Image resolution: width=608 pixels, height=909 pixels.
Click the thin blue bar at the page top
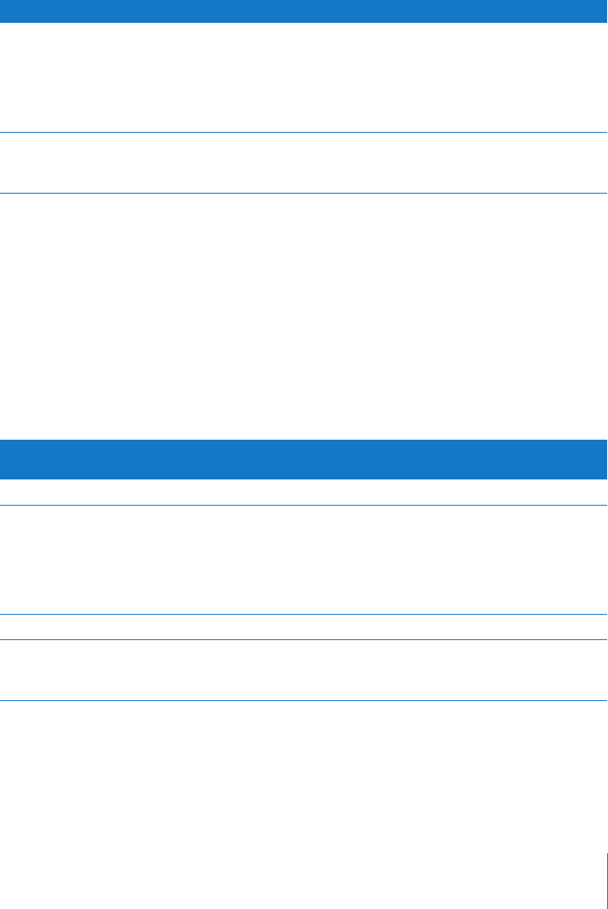tap(304, 10)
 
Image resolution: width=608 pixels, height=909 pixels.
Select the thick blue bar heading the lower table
tap(304, 459)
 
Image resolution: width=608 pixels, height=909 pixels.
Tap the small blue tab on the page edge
tap(605, 879)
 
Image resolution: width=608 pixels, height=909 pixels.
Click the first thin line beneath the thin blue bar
tap(304, 132)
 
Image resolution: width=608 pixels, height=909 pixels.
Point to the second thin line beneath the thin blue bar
tap(304, 195)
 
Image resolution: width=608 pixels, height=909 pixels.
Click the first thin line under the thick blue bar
tap(304, 506)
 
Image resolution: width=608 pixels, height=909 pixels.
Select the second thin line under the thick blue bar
tap(304, 614)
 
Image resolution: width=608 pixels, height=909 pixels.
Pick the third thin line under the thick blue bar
tap(304, 639)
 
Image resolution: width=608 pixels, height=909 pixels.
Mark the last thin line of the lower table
tap(304, 700)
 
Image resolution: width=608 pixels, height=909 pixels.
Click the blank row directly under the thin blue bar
tap(304, 76)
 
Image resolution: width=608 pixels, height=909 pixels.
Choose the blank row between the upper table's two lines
tap(304, 164)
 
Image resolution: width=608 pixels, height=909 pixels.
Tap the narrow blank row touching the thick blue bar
tap(304, 493)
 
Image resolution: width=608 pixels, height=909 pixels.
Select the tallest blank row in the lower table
tap(304, 560)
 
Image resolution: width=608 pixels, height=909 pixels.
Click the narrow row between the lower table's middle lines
tap(304, 627)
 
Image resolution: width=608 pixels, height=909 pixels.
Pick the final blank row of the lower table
tap(304, 670)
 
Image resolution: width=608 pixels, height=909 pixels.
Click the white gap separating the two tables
tap(304, 317)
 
